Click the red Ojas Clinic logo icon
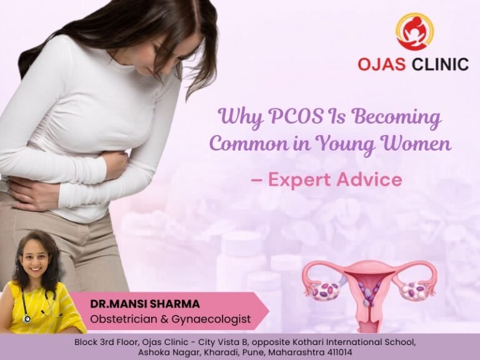tap(414, 32)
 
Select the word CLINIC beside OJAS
tap(440, 64)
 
